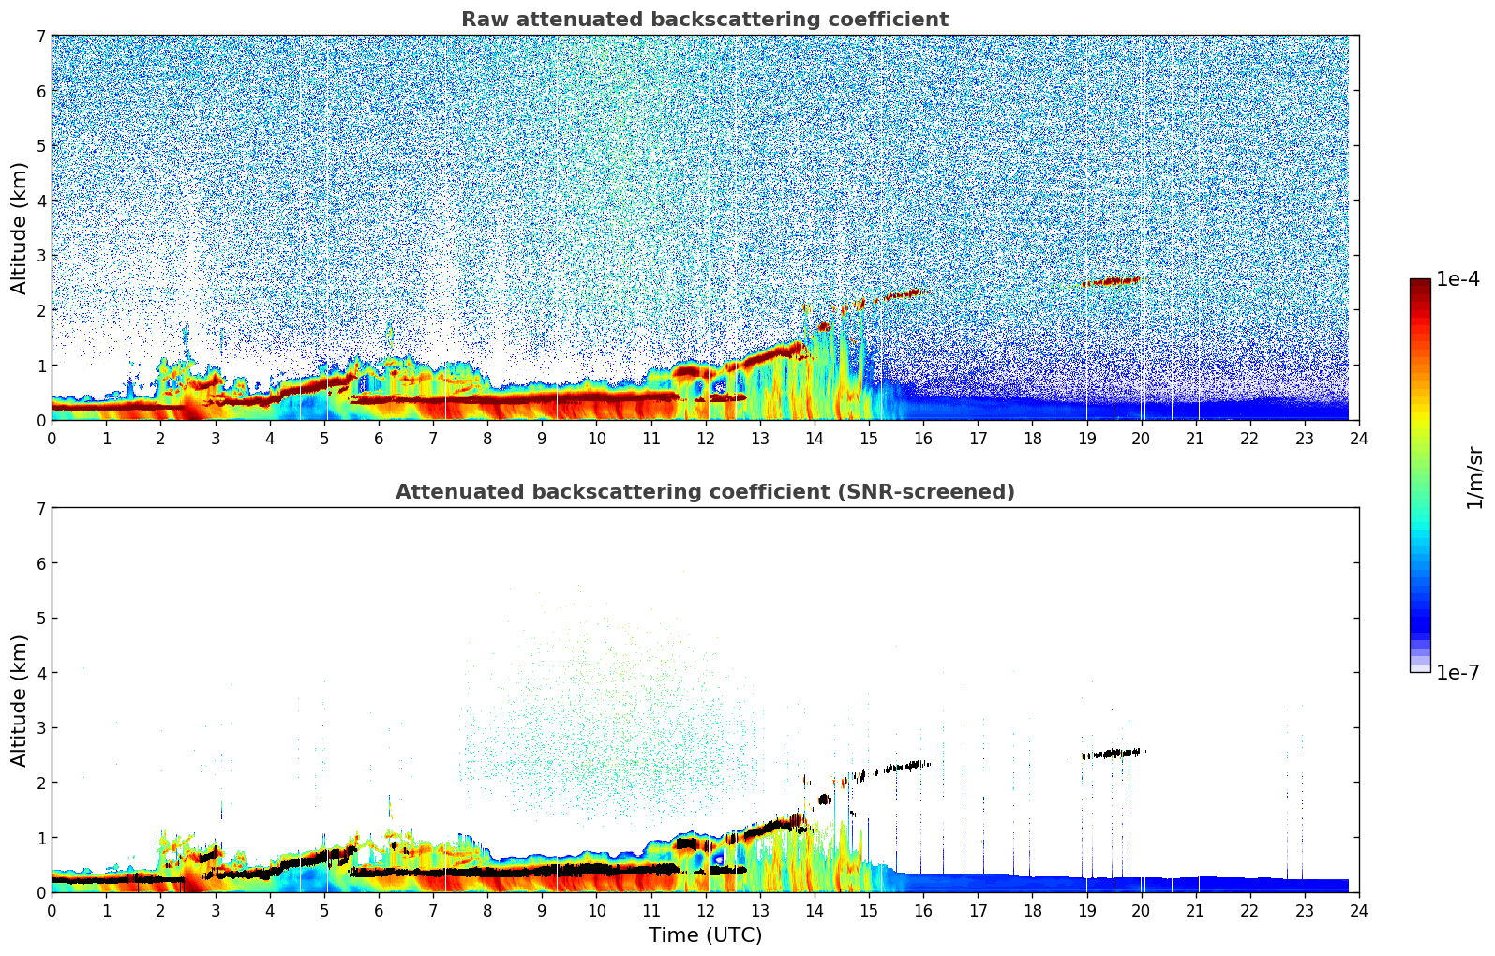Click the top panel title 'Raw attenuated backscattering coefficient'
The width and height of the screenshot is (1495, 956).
[705, 20]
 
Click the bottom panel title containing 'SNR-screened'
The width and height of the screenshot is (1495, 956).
[705, 492]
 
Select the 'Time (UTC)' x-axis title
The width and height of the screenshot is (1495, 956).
[705, 935]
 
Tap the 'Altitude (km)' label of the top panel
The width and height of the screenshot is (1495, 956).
[20, 228]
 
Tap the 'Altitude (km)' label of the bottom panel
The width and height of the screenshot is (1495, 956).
[20, 700]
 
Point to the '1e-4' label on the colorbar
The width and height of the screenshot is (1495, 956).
[1458, 279]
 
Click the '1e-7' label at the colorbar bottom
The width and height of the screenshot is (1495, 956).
[1458, 673]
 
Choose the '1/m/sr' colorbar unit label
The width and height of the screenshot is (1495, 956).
[1474, 477]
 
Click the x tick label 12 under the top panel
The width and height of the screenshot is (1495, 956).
[705, 438]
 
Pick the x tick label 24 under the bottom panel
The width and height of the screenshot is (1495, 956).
[1359, 910]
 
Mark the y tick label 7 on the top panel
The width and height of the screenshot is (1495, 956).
[40, 37]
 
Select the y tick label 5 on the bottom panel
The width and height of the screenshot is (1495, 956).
[40, 619]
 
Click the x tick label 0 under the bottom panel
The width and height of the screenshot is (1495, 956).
[52, 910]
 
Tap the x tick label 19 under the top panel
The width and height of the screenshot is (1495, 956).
[1086, 438]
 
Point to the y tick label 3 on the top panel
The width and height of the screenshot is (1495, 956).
[40, 256]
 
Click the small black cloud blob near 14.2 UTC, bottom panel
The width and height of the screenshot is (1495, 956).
[824, 799]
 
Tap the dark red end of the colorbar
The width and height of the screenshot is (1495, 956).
[1420, 284]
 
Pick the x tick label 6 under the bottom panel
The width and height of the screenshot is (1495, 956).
[379, 910]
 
